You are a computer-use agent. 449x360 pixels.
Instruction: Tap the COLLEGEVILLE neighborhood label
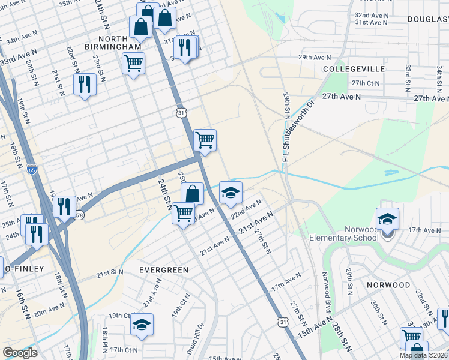click(x=354, y=69)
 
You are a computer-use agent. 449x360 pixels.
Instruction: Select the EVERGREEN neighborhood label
click(x=164, y=270)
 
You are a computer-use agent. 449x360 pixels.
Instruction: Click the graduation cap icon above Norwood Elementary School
click(x=387, y=219)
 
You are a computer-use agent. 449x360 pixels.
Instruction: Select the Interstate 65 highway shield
click(x=32, y=170)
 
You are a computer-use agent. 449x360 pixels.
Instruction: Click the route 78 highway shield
click(x=79, y=215)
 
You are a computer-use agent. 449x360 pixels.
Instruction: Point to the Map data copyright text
click(x=424, y=355)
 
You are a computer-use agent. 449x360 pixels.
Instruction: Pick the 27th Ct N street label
click(x=366, y=83)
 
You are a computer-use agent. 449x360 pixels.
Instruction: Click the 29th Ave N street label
click(x=315, y=58)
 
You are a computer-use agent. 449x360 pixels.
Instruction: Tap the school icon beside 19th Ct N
click(x=142, y=325)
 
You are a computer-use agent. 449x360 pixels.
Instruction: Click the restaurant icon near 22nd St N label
click(x=85, y=85)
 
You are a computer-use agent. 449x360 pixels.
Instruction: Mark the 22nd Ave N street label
click(x=246, y=211)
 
